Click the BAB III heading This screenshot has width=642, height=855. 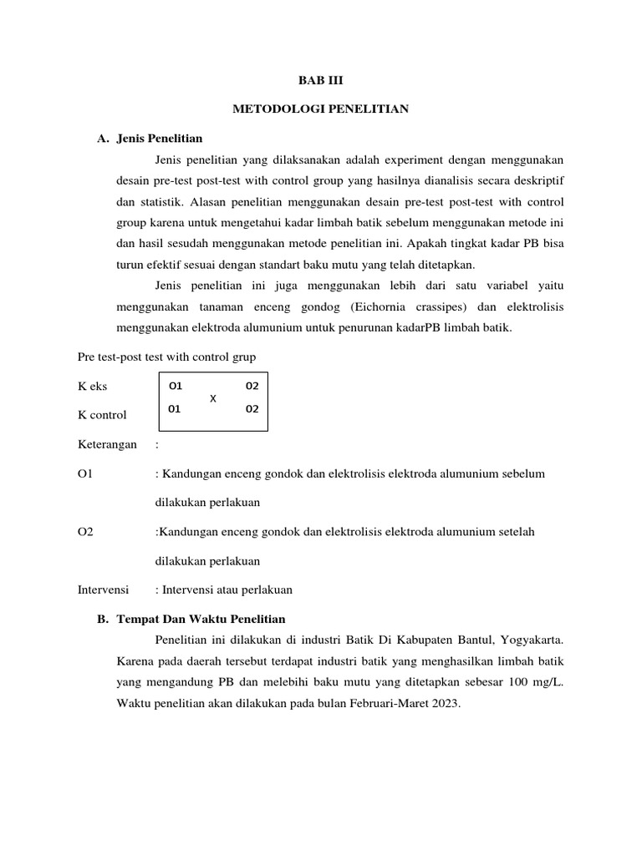[321, 81]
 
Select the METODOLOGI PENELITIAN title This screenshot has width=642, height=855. [320, 109]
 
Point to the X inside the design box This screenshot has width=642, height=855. [212, 398]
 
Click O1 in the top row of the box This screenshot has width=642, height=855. [175, 387]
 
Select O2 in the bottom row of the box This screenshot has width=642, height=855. [252, 409]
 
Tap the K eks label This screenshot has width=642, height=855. [93, 387]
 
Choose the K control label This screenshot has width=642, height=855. [102, 415]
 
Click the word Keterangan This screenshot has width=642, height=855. [107, 444]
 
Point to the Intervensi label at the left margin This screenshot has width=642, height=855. [103, 589]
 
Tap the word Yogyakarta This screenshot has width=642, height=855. [532, 640]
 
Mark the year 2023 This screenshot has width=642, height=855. [446, 703]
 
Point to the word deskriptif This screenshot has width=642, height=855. [538, 180]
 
